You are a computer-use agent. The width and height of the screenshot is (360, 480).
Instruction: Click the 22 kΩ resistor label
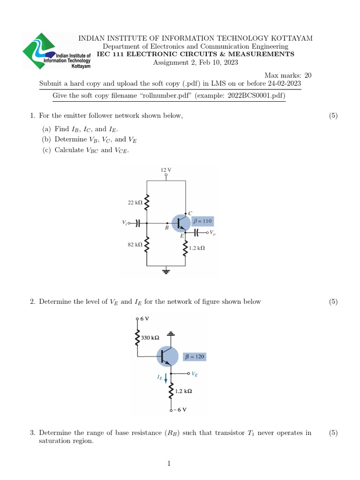pos(135,202)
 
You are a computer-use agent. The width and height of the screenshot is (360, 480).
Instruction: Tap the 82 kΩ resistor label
pos(135,244)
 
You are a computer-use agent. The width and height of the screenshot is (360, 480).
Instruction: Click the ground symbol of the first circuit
pos(165,270)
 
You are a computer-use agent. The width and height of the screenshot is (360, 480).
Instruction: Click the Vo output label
pos(213,232)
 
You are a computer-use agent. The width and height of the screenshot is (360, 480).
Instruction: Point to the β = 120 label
pos(194,356)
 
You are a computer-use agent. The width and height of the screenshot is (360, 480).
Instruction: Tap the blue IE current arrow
pos(165,377)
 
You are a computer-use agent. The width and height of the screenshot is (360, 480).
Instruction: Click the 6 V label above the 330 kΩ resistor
pos(145,318)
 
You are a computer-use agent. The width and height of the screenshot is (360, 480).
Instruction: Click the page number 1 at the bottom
pos(169,464)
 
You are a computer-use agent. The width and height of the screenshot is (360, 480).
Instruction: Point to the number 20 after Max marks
pos(307,75)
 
